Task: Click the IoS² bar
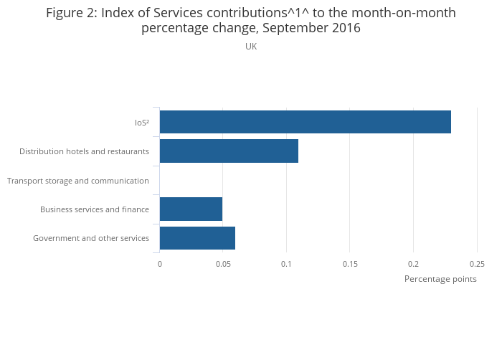(305, 122)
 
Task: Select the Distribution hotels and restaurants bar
(229, 151)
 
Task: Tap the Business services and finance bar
(191, 209)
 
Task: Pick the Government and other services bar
(197, 238)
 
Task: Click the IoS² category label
(142, 123)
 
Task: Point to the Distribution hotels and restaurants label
(84, 151)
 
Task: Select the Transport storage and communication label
(78, 181)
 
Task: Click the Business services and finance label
(95, 209)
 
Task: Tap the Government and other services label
(91, 238)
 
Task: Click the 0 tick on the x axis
(160, 264)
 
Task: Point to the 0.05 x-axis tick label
(223, 264)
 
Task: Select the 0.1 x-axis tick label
(287, 264)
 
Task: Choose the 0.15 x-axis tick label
(350, 264)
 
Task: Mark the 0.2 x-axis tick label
(414, 264)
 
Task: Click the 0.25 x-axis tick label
(477, 264)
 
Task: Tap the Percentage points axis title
(440, 279)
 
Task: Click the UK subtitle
(251, 47)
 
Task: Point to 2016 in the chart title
(344, 29)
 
